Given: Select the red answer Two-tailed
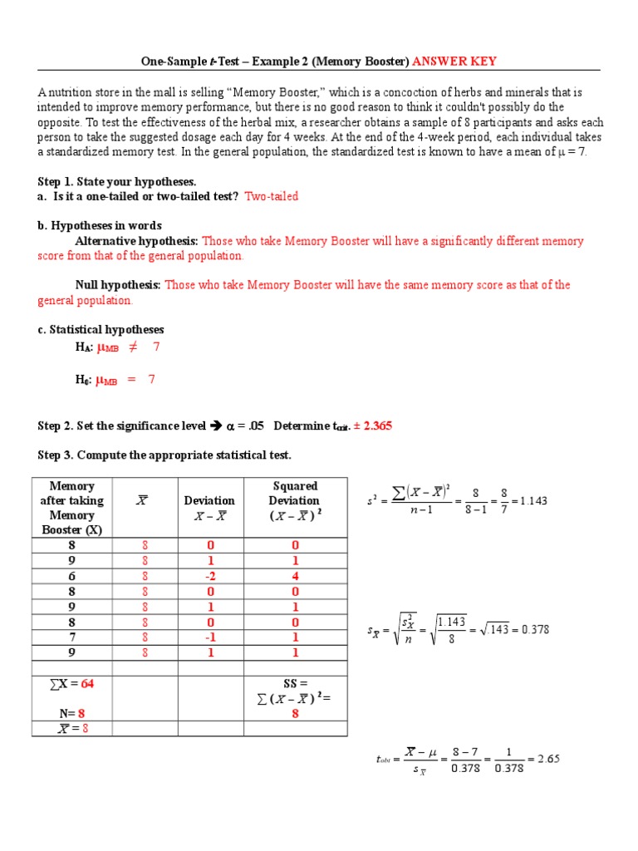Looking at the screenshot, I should pyautogui.click(x=271, y=196).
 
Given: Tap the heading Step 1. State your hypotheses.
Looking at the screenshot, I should pyautogui.click(x=116, y=181).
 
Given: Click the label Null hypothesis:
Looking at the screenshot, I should pyautogui.click(x=118, y=285).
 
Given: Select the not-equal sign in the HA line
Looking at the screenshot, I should pyautogui.click(x=133, y=347).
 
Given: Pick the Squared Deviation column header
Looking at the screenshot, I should pyautogui.click(x=295, y=500).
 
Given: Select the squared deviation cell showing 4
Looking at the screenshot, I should pyautogui.click(x=295, y=576).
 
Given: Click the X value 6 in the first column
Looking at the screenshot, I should pyautogui.click(x=72, y=576).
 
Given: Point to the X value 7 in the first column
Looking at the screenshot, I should pyautogui.click(x=72, y=637).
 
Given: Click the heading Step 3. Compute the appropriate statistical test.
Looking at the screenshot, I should pyautogui.click(x=164, y=455).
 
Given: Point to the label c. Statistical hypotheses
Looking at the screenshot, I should pyautogui.click(x=101, y=330).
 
